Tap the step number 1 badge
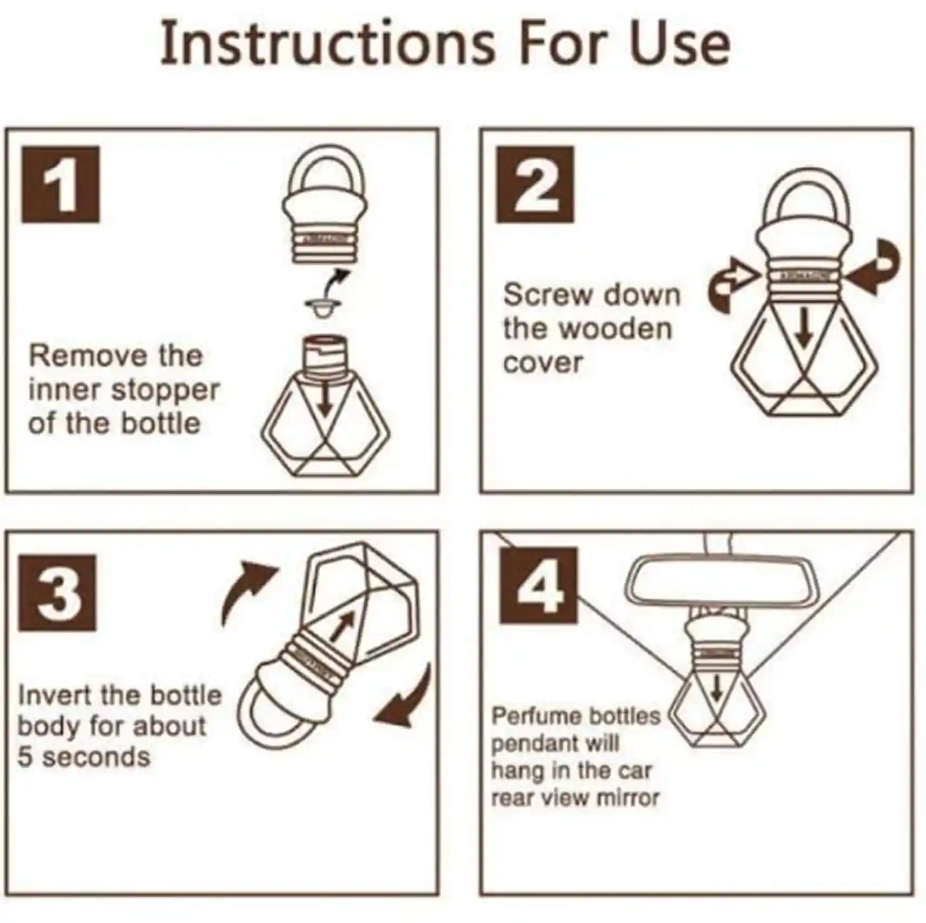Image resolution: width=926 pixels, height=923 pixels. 60,185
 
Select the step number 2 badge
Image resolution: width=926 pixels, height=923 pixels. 535,185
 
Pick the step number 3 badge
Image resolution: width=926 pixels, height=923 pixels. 58,593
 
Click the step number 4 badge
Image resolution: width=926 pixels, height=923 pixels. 538,586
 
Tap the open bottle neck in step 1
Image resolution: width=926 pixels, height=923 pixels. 325,355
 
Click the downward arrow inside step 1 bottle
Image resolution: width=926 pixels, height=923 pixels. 325,402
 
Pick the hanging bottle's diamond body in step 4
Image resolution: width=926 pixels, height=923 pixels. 716,711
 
